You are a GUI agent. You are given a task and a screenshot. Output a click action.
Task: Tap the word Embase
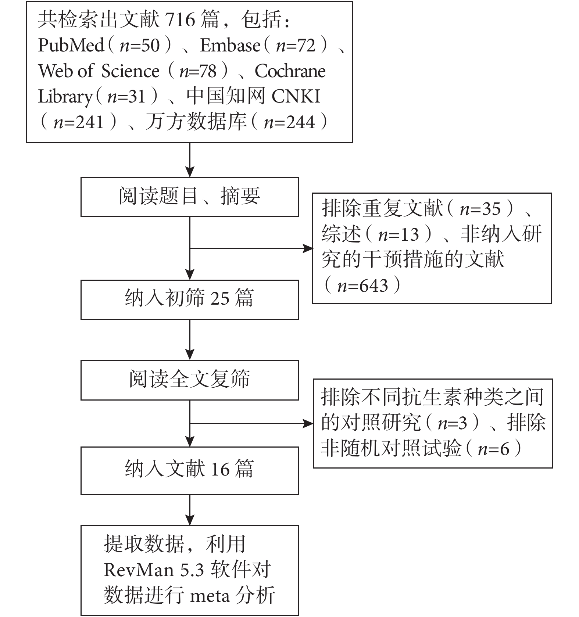coord(230,45)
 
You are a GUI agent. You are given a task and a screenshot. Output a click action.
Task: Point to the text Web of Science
coord(99,71)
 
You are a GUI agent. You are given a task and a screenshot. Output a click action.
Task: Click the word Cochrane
coord(290,71)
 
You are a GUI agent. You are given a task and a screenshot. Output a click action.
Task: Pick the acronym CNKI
coord(296,96)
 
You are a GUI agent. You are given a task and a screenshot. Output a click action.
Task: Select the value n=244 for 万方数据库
coord(289,122)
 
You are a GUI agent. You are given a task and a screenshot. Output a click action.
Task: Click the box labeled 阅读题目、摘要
coord(189,197)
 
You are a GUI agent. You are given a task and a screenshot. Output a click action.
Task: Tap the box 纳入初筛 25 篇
coord(189,299)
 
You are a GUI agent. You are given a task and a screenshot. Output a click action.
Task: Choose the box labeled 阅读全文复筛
coord(189,380)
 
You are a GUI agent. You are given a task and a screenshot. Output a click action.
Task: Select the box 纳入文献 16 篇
coord(189,470)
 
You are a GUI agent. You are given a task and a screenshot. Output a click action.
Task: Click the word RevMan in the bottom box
coord(139,570)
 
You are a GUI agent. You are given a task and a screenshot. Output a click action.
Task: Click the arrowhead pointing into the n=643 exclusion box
coord(308,248)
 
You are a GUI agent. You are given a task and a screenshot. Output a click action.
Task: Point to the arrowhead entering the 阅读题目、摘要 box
coord(190,172)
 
